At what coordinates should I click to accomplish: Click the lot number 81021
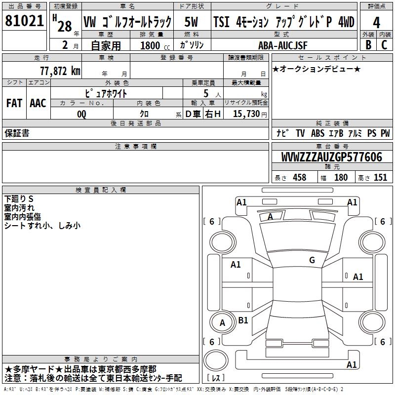pyautogui.click(x=24, y=22)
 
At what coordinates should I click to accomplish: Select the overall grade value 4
pyautogui.click(x=376, y=22)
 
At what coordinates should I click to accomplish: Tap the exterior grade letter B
pyautogui.click(x=368, y=44)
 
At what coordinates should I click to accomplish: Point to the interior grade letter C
pyautogui.click(x=385, y=44)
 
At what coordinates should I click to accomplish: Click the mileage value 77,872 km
pyautogui.click(x=60, y=71)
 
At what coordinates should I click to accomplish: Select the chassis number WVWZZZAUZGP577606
pyautogui.click(x=331, y=157)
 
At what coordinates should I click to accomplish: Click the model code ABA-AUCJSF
pyautogui.click(x=283, y=45)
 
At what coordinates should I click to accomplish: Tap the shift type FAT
pyautogui.click(x=14, y=103)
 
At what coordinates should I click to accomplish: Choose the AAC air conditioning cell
pyautogui.click(x=38, y=103)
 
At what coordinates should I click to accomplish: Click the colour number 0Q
pyautogui.click(x=81, y=114)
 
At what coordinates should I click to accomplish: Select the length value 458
pyautogui.click(x=299, y=177)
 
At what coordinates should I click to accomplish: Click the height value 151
pyautogui.click(x=380, y=177)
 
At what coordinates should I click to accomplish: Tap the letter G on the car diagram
pyautogui.click(x=312, y=260)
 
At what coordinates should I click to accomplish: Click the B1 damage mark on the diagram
pyautogui.click(x=243, y=320)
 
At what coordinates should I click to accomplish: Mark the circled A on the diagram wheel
pyautogui.click(x=222, y=323)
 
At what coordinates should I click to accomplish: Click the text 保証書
pyautogui.click(x=17, y=133)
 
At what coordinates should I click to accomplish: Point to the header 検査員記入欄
pyautogui.click(x=101, y=190)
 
